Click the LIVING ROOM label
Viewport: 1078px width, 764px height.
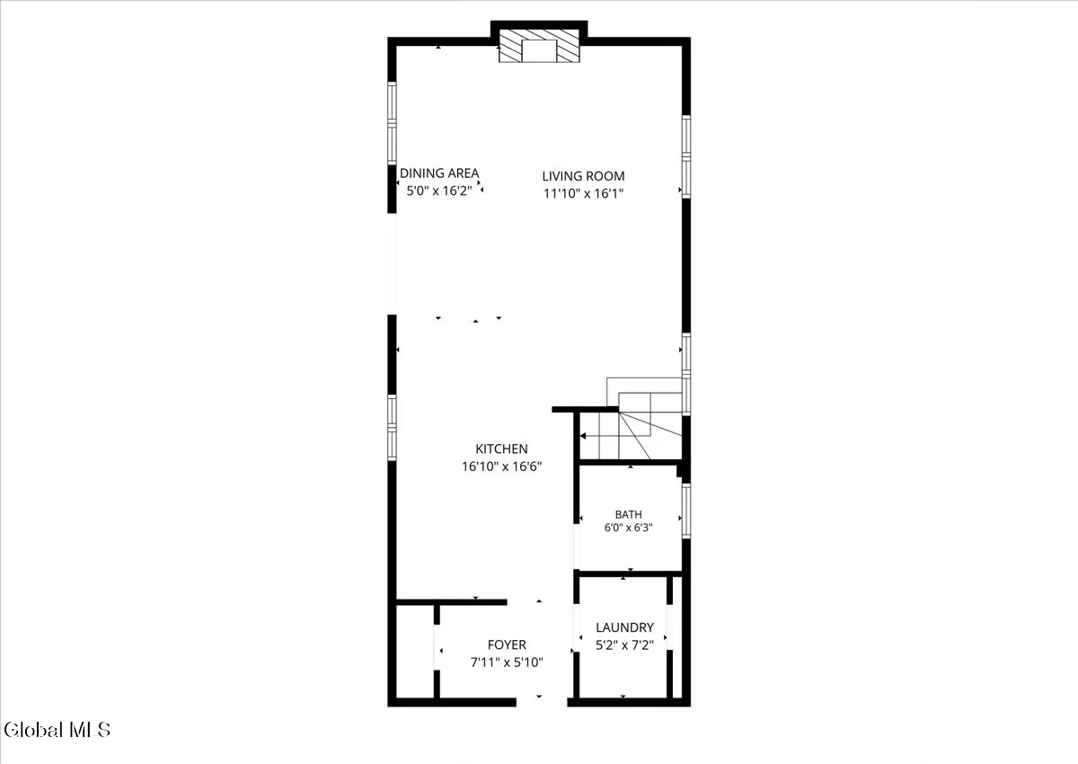point(583,176)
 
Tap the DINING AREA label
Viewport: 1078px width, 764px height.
point(439,173)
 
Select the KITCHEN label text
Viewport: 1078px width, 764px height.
point(501,449)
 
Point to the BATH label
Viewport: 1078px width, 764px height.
point(629,514)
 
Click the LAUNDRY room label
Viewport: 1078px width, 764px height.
point(624,627)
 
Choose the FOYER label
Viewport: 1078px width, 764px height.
point(507,644)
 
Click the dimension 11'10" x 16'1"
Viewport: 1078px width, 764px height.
point(583,193)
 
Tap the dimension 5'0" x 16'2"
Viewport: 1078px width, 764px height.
point(439,191)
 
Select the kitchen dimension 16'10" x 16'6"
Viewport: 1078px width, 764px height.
point(502,466)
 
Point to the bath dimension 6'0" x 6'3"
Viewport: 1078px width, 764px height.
point(629,528)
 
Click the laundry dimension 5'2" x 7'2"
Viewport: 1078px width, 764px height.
point(624,645)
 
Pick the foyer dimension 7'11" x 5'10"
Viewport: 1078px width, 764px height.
point(507,662)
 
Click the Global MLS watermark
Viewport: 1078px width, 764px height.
point(57,730)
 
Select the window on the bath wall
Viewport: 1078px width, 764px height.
point(686,511)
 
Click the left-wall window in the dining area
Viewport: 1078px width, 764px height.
point(393,123)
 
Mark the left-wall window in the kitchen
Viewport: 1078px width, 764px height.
point(393,428)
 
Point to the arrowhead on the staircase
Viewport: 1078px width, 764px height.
point(583,436)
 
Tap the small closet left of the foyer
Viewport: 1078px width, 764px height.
point(415,651)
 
